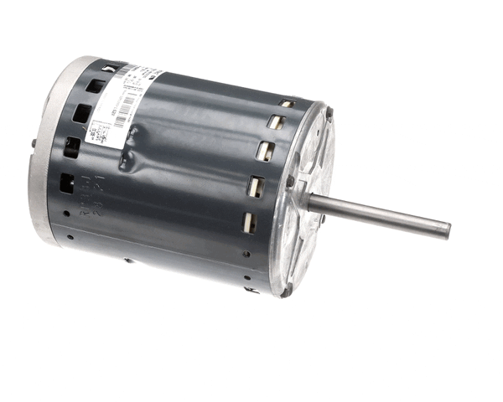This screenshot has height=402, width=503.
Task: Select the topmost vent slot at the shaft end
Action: pyautogui.click(x=286, y=104)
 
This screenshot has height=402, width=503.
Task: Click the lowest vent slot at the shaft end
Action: pyautogui.click(x=249, y=222)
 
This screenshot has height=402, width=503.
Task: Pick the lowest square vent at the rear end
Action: pyautogui.click(x=66, y=182)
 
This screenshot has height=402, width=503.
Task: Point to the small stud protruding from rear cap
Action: pyautogui.click(x=34, y=142)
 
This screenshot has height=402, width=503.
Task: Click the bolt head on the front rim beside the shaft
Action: pyautogui.click(x=291, y=181)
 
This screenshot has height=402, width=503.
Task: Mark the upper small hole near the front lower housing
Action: pyautogui.click(x=246, y=254)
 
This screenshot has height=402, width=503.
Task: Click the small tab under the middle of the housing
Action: pyautogui.click(x=128, y=260)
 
